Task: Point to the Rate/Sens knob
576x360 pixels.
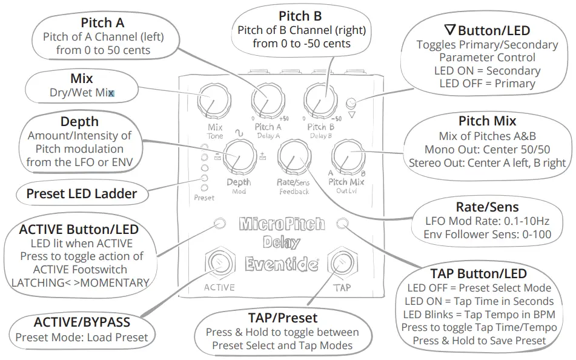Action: click(x=291, y=157)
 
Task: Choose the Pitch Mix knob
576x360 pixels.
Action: click(x=346, y=156)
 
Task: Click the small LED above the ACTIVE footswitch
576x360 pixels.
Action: click(x=219, y=223)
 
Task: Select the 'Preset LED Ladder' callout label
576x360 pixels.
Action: click(x=81, y=194)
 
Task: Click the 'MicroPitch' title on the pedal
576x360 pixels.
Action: click(x=282, y=224)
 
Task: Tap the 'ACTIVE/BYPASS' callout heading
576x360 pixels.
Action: click(x=81, y=322)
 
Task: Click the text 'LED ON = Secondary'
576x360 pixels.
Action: click(x=487, y=70)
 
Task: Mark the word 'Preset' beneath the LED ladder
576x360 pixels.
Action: click(x=204, y=198)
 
